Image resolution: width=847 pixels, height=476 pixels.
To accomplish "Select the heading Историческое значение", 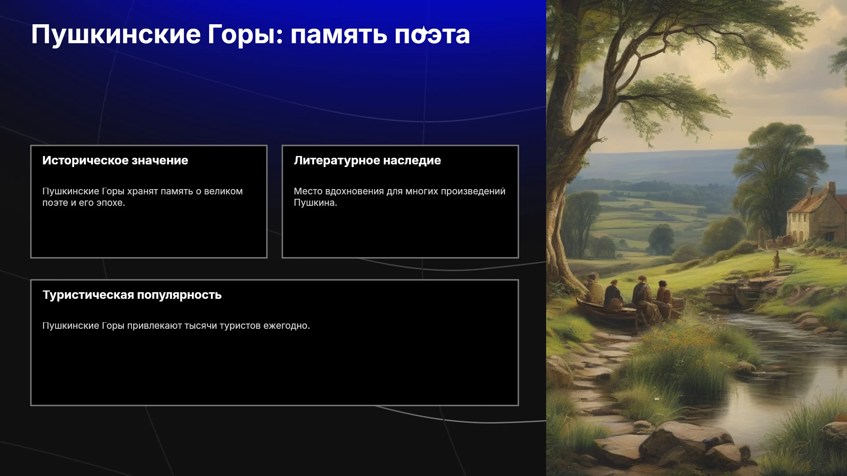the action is click(x=115, y=160).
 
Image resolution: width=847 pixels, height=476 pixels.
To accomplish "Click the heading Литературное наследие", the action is click(x=367, y=160).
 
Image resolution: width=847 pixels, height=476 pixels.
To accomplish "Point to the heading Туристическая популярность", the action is click(x=132, y=295).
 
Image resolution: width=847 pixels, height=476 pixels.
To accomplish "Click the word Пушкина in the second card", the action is click(x=315, y=203).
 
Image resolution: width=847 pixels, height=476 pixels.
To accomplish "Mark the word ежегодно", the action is click(x=287, y=326).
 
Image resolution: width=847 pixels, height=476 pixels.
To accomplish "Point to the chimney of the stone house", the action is click(x=832, y=188).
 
